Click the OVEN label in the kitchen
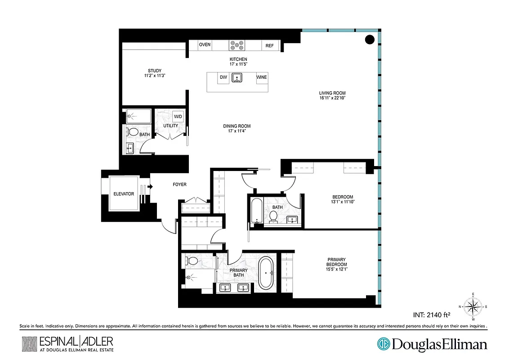(x=205, y=45)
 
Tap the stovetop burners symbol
(x=237, y=45)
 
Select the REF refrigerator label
(x=269, y=45)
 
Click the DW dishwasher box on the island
(x=223, y=77)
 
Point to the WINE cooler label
(x=261, y=77)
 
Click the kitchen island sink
(x=237, y=78)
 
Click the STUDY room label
(x=155, y=71)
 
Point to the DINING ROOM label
(x=237, y=126)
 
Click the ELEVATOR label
(x=124, y=194)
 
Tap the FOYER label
(x=179, y=184)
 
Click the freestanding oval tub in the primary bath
(x=266, y=273)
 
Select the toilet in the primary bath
(x=191, y=261)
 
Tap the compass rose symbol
(x=472, y=306)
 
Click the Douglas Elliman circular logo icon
(x=384, y=344)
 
